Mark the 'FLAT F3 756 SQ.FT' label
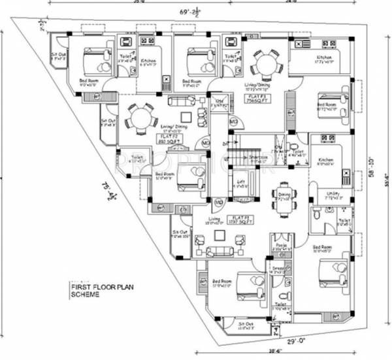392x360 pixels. tap(271, 99)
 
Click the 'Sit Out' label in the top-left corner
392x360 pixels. tap(59, 55)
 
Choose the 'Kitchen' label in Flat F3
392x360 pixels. tap(324, 59)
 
